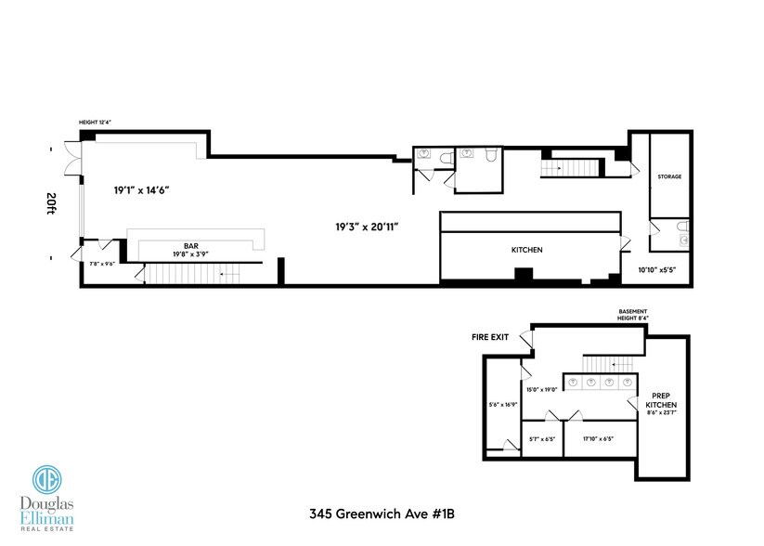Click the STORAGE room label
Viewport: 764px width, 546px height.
(x=669, y=175)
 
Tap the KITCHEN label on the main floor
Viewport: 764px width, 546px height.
(x=526, y=250)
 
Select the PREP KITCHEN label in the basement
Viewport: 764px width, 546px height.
(x=661, y=401)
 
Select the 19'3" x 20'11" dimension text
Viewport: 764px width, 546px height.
(x=369, y=225)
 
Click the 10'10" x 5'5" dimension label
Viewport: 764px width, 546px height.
(x=656, y=270)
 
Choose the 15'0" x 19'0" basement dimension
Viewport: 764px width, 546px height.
(x=541, y=390)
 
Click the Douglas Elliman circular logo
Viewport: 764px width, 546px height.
(x=47, y=480)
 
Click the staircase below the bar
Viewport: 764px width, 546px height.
(x=187, y=275)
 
